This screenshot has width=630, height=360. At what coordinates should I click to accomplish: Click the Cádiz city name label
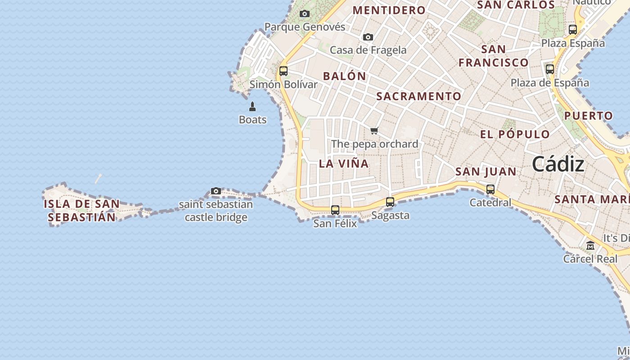[x=558, y=165]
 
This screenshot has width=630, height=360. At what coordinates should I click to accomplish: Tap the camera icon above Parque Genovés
[x=305, y=14]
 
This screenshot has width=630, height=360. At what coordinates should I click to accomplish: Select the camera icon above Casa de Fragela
[x=368, y=37]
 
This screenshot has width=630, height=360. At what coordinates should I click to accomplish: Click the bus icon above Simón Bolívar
[x=283, y=71]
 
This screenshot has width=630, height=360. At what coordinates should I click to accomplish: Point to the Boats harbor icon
[x=252, y=107]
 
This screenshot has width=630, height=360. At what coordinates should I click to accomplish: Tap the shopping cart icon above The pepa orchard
[x=374, y=131]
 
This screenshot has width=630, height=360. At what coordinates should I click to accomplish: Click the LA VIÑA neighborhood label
[x=344, y=164]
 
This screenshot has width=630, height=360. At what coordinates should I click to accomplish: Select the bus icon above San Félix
[x=335, y=210]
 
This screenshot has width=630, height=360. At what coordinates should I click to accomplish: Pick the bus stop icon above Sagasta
[x=390, y=202]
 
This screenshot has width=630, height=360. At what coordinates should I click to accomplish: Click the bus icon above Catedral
[x=490, y=189]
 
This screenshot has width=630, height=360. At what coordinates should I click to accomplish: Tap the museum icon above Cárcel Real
[x=590, y=246]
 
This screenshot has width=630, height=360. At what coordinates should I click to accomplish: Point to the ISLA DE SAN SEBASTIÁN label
[x=82, y=211]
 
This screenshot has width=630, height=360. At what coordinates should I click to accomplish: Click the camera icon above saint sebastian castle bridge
[x=216, y=191]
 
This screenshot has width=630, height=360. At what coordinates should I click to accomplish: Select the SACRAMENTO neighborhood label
[x=418, y=96]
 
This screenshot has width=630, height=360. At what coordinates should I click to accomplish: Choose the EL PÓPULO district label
[x=515, y=135]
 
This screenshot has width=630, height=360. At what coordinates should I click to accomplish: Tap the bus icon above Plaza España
[x=573, y=30]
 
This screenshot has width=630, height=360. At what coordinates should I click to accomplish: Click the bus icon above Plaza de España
[x=550, y=69]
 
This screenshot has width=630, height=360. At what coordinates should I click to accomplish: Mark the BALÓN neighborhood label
[x=345, y=76]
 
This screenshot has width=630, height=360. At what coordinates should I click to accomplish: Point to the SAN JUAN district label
[x=486, y=171]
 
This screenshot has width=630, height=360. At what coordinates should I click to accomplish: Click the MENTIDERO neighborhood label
[x=389, y=10]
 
